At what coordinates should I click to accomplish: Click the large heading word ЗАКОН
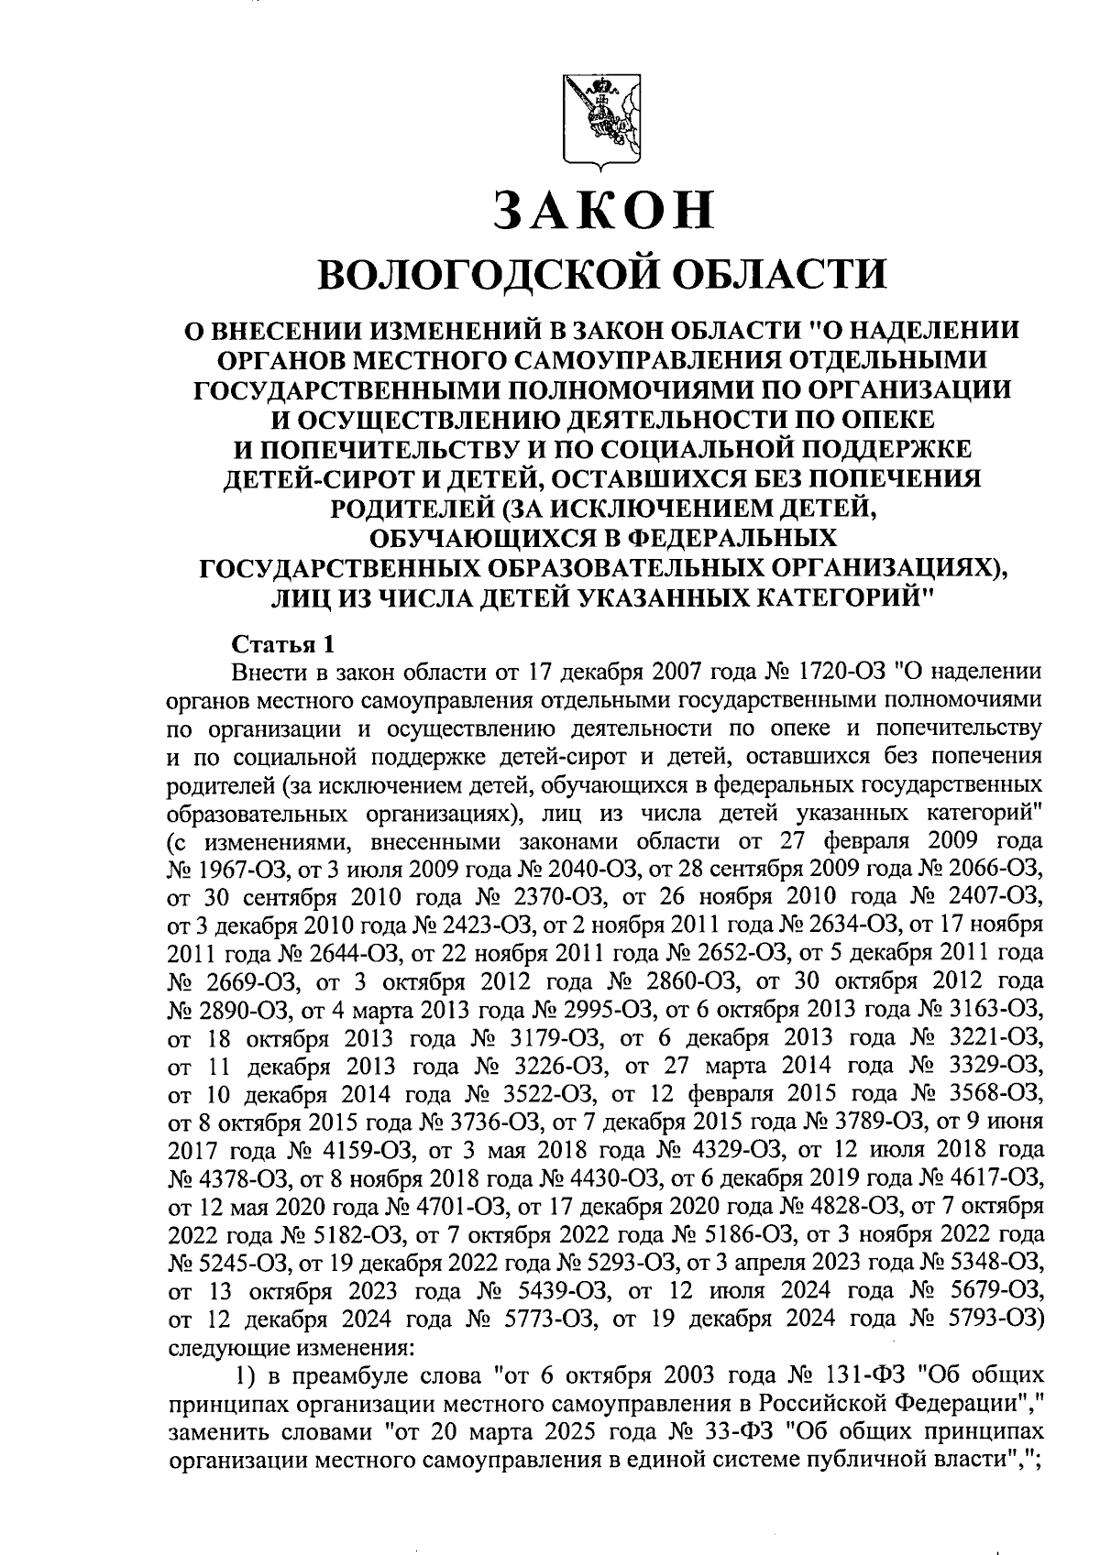pyautogui.click(x=603, y=209)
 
